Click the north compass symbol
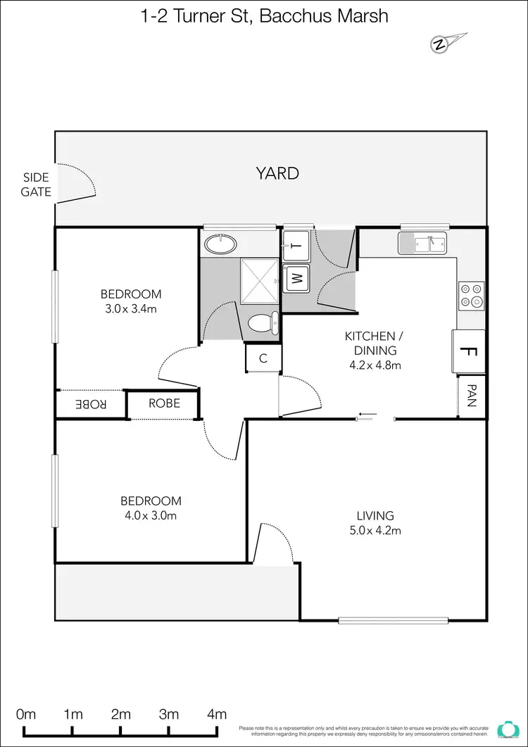pos(440,44)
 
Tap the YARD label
pos(277,173)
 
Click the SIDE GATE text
pos(36,184)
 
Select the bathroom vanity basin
pos(221,244)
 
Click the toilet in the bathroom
pos(262,323)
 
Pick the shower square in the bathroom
pos(260,280)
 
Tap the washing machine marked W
pos(296,278)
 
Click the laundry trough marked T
pos(296,246)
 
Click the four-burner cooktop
pos(471,295)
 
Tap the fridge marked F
pos(469,351)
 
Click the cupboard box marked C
pos(263,358)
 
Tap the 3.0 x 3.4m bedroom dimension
pos(130,308)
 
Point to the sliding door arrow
pos(367,414)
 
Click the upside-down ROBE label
pos(91,404)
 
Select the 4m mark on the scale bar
pos(217,714)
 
